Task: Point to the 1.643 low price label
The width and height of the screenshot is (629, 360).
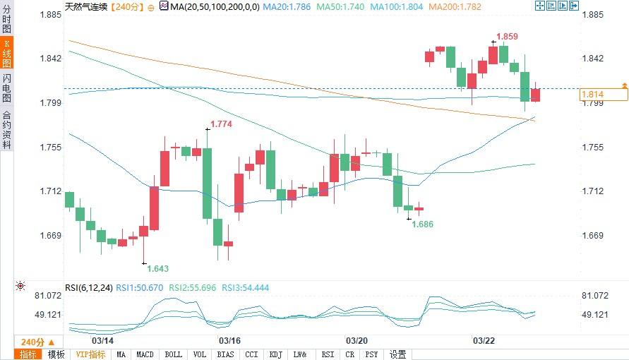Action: click(x=157, y=268)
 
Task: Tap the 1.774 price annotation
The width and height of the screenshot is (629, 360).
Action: click(x=222, y=124)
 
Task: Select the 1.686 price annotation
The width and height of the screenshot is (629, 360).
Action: click(x=422, y=224)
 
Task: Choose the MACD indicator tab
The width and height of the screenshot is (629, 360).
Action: click(x=145, y=354)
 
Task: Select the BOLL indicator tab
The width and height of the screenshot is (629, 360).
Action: click(x=173, y=354)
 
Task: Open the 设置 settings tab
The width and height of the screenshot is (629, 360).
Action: click(x=398, y=354)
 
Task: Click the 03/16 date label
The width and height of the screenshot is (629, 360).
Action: click(x=231, y=340)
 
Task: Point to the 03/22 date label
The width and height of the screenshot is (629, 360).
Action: click(x=483, y=340)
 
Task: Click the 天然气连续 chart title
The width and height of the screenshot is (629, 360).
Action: click(x=87, y=6)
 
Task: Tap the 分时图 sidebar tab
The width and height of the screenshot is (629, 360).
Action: click(x=6, y=21)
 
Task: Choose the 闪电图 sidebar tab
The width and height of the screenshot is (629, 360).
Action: click(x=6, y=88)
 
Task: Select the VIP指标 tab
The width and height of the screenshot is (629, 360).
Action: click(x=90, y=354)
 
